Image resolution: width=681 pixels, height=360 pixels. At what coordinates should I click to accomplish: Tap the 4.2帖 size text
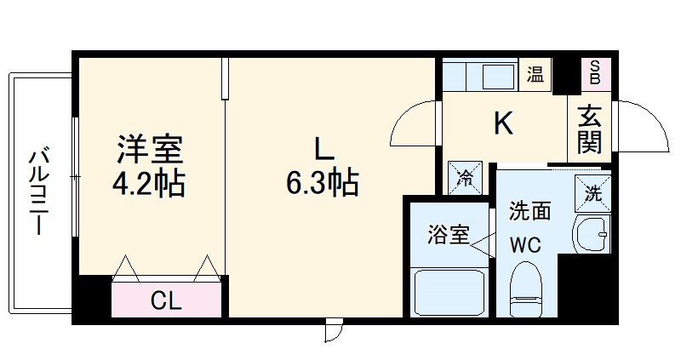click(x=150, y=182)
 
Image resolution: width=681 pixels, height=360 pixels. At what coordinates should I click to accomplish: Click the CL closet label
click(x=167, y=300)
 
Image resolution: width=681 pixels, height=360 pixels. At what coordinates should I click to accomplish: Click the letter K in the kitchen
click(x=504, y=124)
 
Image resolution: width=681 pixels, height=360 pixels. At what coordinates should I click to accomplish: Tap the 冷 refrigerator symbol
click(x=465, y=179)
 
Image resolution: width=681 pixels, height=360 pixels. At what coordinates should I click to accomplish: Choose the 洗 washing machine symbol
click(x=592, y=191)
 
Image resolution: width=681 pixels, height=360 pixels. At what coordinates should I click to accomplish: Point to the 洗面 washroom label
click(x=530, y=212)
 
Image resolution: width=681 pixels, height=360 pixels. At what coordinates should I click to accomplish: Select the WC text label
click(x=525, y=246)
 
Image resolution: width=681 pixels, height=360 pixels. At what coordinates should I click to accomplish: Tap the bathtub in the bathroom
click(x=449, y=292)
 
